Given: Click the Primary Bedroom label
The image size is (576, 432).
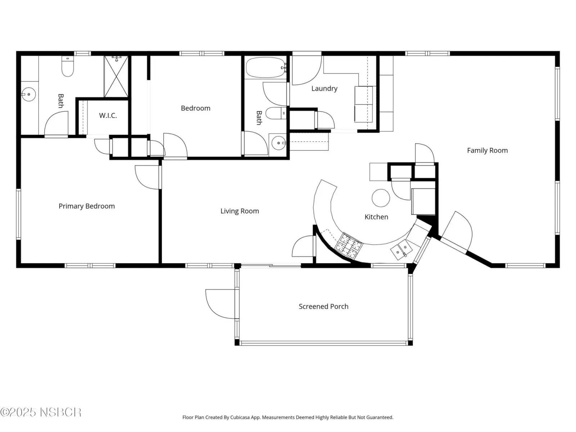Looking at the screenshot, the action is pos(87,206).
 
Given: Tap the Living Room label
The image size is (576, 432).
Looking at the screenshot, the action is pos(240,211).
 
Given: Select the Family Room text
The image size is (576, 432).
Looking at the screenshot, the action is pos(487,150).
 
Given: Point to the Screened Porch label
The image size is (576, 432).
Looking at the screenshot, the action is pos(324,306).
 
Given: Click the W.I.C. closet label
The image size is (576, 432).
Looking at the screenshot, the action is pos(108,116).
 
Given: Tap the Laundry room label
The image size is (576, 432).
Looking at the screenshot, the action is pos(324,89).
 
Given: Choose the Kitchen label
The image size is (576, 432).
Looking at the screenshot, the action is pos(376,217).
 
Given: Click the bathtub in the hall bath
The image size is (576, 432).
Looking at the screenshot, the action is pos(266,67).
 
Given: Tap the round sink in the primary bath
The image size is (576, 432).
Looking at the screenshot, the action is pos(28,94).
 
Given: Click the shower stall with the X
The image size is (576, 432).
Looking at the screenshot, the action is pos(116,76).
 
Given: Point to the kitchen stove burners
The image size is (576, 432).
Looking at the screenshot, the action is pos(349,245).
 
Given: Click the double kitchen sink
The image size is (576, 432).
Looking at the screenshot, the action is pos(401,250).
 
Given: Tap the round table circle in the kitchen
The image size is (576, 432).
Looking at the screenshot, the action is pos(381,198).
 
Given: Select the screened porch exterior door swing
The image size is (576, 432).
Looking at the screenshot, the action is pos(221,304).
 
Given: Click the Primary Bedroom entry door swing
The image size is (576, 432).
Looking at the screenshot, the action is pos(147,177).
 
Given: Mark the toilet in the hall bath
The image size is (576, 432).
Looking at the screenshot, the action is pos(276,113).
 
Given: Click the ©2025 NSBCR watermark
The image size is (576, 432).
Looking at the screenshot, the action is pos(41,412).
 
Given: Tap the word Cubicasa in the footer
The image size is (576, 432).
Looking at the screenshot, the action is pos(240,417).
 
